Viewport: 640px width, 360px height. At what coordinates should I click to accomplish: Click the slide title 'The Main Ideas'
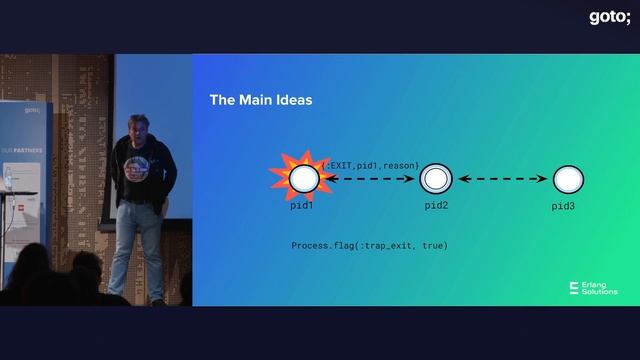point(260,100)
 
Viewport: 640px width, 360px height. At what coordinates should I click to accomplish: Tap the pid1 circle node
point(304,179)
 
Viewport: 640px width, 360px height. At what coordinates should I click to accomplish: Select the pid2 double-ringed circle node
point(436,180)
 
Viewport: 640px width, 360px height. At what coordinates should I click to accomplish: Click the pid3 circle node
point(567,180)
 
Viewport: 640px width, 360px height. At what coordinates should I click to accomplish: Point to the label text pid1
point(302,205)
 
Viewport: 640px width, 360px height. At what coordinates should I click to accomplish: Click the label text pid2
point(436,205)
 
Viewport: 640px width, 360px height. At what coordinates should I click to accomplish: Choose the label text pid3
point(564,206)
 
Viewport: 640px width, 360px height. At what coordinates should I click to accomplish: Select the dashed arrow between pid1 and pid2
point(369,180)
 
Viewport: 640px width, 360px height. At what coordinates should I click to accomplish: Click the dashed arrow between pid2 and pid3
point(502,180)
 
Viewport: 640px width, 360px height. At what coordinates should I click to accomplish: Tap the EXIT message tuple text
point(370,165)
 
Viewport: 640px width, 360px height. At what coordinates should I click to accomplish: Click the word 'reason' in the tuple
point(400,165)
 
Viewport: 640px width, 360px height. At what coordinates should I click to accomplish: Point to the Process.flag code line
point(369,245)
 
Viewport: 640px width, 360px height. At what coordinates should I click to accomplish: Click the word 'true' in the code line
point(433,245)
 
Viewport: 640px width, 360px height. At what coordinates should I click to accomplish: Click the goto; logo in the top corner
point(608,16)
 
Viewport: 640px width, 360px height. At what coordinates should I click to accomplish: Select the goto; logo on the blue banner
point(32,111)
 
